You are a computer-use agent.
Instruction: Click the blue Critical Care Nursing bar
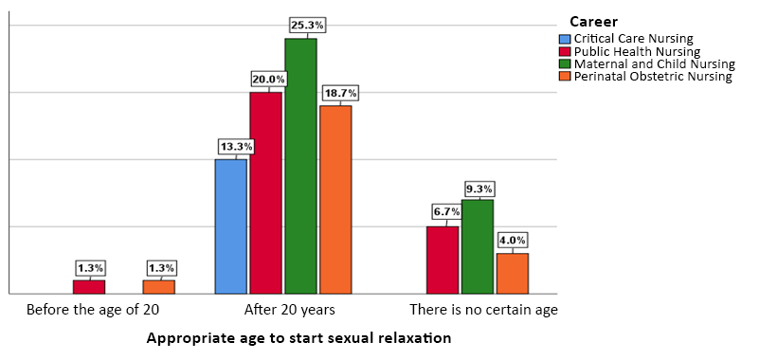(231, 226)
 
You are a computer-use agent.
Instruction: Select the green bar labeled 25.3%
(300, 166)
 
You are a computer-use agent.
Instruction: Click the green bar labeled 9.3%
(478, 246)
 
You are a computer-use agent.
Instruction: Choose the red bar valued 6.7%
(443, 260)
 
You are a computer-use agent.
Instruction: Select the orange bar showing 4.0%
(513, 273)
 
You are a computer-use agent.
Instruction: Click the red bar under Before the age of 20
(89, 286)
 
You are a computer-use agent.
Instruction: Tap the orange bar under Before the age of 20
(159, 286)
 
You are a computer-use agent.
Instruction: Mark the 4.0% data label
(512, 241)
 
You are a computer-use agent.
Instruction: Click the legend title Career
(594, 21)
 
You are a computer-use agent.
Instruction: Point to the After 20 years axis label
(289, 310)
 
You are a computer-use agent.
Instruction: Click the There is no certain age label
(483, 310)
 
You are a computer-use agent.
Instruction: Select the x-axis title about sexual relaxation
(298, 337)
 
